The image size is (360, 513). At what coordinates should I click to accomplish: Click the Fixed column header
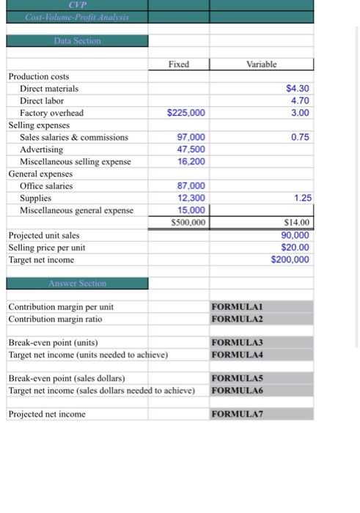click(178, 64)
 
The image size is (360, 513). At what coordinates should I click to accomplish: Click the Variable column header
click(262, 64)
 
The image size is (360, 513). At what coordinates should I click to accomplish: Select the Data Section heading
click(77, 41)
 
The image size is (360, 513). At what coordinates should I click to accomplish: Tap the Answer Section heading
click(77, 283)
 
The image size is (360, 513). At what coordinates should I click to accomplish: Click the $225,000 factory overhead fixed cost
click(186, 113)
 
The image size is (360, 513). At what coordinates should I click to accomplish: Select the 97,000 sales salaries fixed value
click(191, 137)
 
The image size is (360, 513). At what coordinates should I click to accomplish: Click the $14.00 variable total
click(296, 222)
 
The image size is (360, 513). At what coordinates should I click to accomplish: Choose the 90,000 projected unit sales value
click(295, 235)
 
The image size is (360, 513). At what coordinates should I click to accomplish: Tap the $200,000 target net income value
click(290, 259)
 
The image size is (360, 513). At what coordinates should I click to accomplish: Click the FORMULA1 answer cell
click(237, 307)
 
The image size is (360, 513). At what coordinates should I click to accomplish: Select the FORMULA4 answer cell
click(237, 355)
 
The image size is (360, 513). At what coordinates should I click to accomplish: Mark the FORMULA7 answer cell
click(237, 414)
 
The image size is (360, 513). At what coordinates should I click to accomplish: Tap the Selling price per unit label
click(47, 247)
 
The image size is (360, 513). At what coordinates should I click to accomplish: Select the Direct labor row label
click(42, 100)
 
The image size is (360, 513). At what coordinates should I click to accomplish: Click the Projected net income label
click(47, 414)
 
